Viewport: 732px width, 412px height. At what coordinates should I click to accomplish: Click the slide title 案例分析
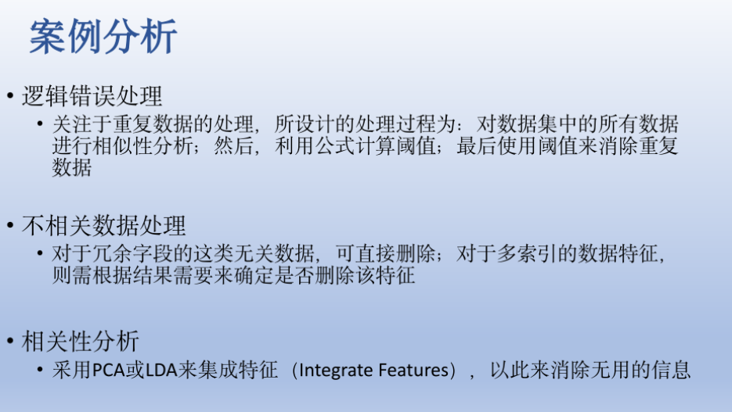click(x=103, y=36)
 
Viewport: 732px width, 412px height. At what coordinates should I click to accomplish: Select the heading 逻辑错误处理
click(x=92, y=96)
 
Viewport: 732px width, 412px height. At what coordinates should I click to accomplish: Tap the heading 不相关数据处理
click(x=103, y=226)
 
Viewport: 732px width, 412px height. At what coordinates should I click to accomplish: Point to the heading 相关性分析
click(x=81, y=341)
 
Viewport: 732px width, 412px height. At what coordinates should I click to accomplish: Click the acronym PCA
click(x=107, y=370)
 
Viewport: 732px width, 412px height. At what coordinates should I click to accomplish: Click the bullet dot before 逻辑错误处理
click(x=10, y=97)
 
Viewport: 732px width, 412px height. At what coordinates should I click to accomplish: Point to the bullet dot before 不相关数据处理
click(x=10, y=227)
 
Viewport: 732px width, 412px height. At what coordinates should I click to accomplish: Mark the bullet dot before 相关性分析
click(x=10, y=342)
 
